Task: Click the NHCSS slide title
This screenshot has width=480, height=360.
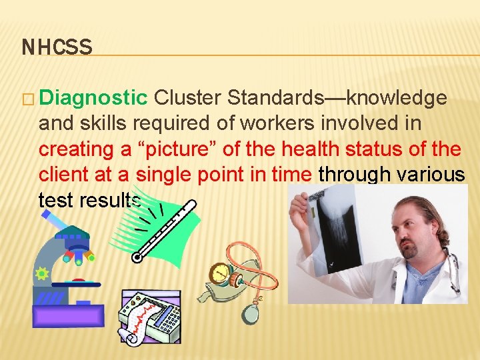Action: pos(57,47)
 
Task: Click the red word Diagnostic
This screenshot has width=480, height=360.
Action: pos(93,98)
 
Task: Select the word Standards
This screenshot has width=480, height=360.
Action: pos(277,98)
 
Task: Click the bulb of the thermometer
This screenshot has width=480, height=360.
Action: pos(138,257)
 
